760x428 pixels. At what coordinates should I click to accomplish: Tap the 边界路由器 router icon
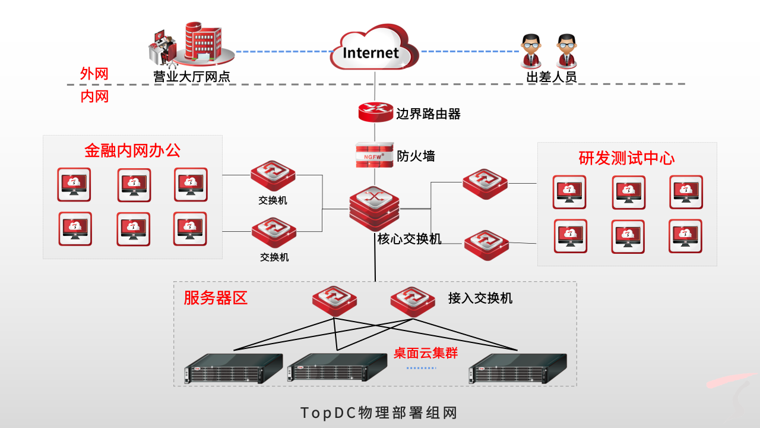(x=375, y=112)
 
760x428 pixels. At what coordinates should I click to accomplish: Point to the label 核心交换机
(x=410, y=239)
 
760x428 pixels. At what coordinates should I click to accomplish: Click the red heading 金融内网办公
(x=132, y=150)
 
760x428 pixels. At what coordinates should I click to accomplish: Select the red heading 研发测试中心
(x=626, y=158)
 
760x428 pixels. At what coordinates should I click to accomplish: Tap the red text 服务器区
(x=216, y=297)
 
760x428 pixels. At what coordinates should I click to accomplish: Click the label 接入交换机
(x=480, y=298)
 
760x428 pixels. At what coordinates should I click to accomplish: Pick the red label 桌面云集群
(x=426, y=353)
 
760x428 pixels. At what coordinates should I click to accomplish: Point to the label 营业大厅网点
(x=192, y=77)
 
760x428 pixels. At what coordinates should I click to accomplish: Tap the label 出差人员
(x=552, y=77)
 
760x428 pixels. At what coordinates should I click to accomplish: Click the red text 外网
(x=94, y=74)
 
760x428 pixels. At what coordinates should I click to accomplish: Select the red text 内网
(x=94, y=96)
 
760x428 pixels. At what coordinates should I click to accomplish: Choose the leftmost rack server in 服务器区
(x=233, y=369)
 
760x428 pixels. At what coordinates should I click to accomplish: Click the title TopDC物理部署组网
(x=379, y=413)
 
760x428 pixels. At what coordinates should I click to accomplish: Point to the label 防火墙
(x=416, y=156)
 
